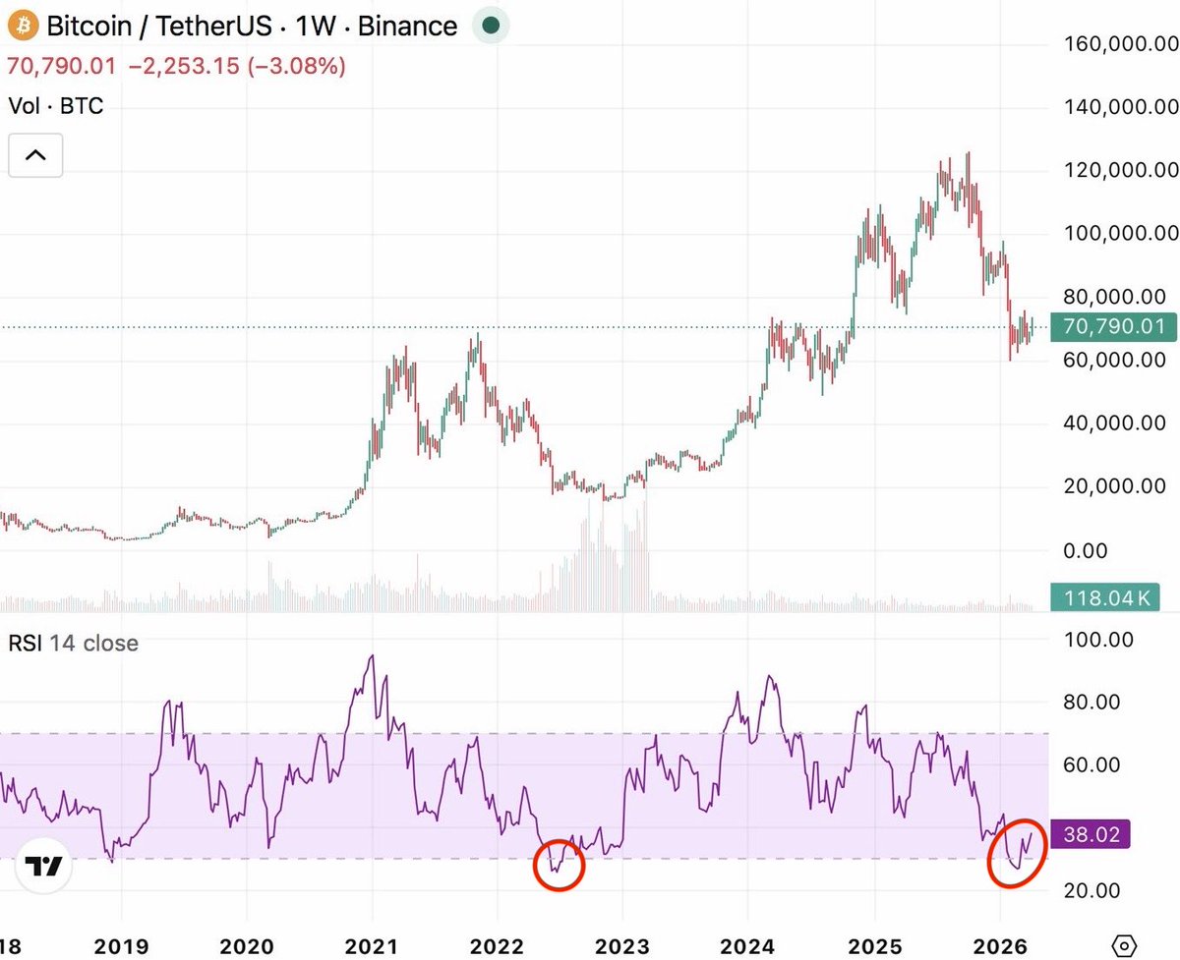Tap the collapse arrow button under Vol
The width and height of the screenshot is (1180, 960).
click(35, 154)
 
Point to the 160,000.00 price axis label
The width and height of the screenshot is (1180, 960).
click(1119, 44)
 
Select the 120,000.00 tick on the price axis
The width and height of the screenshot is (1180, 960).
click(1119, 170)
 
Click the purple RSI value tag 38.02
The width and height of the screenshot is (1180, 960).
click(1091, 835)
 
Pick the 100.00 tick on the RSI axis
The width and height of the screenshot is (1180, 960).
click(1098, 640)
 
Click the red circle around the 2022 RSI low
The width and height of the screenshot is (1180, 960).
click(559, 866)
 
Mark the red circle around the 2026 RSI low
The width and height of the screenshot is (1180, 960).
click(1016, 853)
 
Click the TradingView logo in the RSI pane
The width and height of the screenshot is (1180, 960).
click(44, 867)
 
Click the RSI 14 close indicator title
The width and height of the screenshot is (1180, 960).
click(73, 644)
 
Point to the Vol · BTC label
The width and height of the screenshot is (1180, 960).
click(55, 105)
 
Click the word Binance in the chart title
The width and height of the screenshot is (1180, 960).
click(407, 26)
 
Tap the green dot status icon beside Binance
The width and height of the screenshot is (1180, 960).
click(491, 26)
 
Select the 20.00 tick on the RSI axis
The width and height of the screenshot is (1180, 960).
click(1098, 890)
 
